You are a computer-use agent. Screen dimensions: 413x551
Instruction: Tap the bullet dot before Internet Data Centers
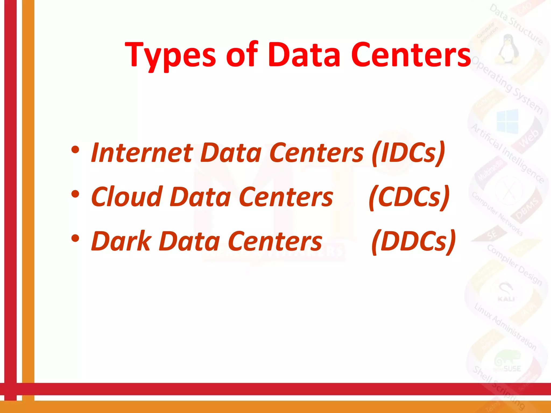pyautogui.click(x=75, y=150)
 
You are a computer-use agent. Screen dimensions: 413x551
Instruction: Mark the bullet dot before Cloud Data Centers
pyautogui.click(x=75, y=194)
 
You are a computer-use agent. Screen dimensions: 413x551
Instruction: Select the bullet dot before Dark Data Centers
pyautogui.click(x=75, y=238)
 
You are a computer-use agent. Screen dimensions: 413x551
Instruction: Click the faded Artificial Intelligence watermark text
pyautogui.click(x=508, y=153)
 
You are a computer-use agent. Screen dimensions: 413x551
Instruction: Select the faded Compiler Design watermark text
pyautogui.click(x=514, y=265)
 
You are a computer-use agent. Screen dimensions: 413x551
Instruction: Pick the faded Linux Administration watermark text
pyautogui.click(x=505, y=326)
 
